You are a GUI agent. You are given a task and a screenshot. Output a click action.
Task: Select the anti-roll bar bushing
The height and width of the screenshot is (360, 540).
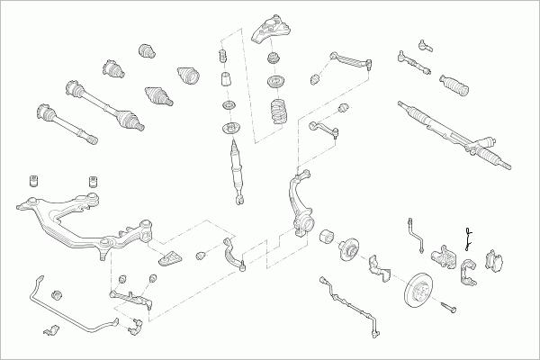click(x=57, y=294)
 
